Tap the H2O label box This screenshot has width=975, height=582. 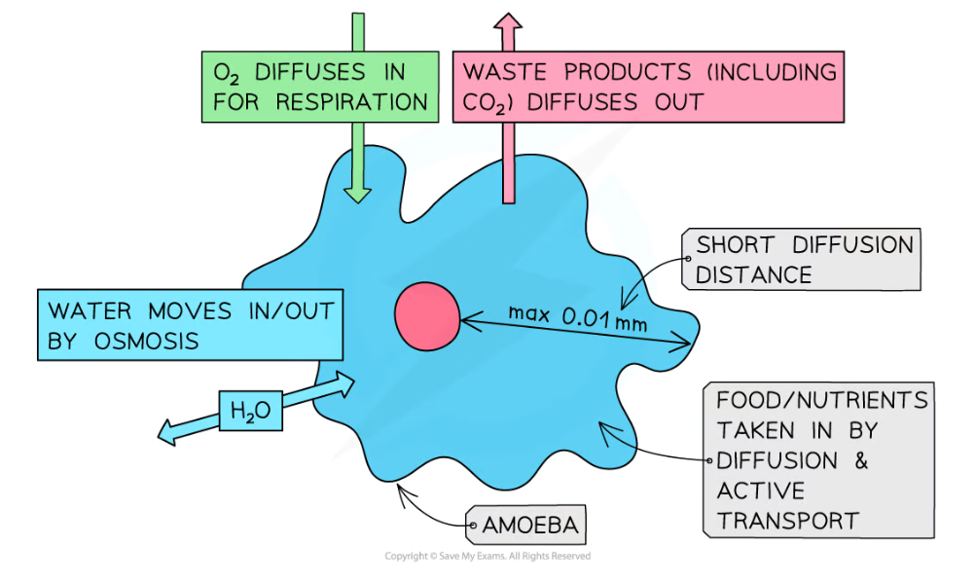click(x=250, y=413)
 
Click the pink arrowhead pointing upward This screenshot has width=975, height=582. click(x=507, y=24)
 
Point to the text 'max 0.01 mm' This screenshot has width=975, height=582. click(x=577, y=316)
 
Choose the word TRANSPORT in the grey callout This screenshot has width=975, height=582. click(x=788, y=520)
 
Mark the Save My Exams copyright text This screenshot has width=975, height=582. click(x=487, y=557)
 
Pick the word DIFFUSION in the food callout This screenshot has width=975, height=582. click(x=776, y=459)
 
